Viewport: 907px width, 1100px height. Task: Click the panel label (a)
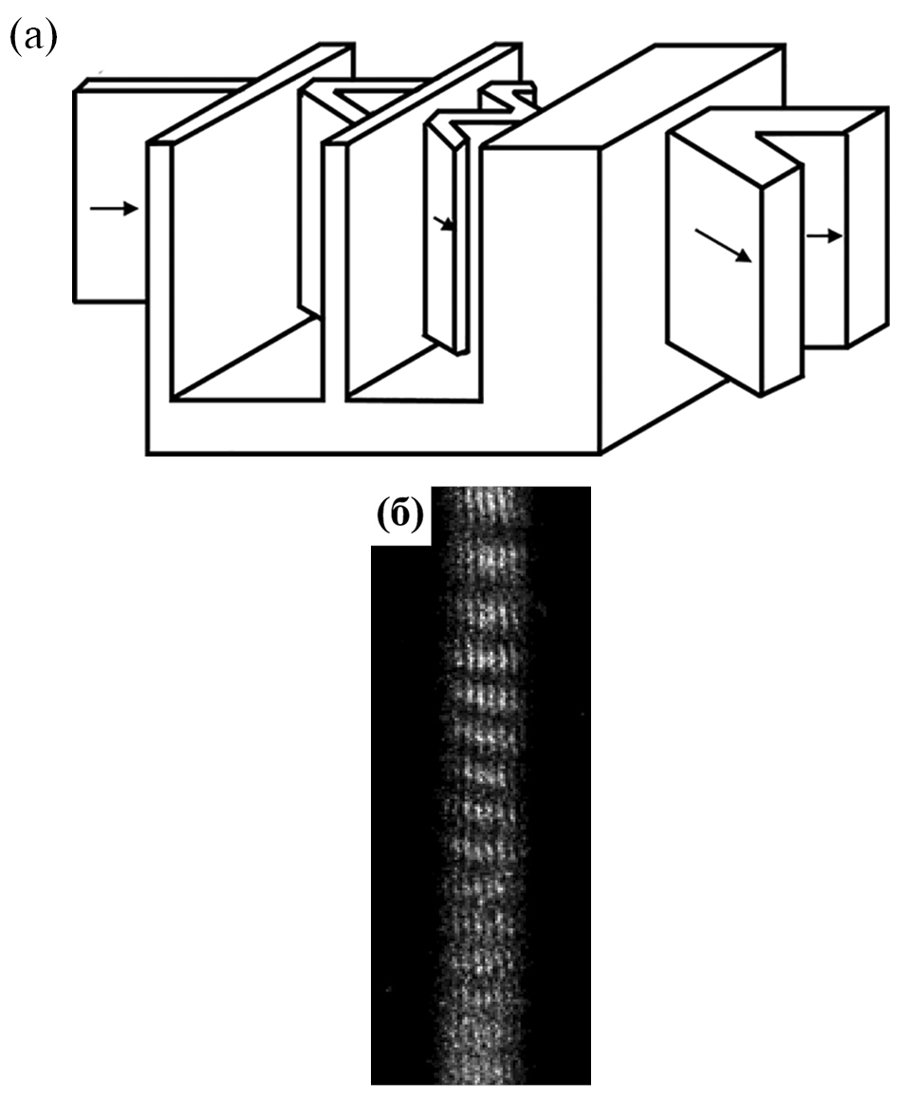click(x=32, y=37)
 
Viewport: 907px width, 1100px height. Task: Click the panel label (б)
click(x=400, y=515)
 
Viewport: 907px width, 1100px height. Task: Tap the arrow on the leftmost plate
click(x=114, y=208)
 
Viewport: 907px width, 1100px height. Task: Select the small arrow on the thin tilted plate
click(x=444, y=223)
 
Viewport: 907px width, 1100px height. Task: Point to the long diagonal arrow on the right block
click(x=723, y=246)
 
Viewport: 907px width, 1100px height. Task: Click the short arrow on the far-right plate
click(x=824, y=236)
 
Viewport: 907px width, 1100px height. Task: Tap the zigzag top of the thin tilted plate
click(x=491, y=105)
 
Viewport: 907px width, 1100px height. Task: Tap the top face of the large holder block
click(x=635, y=97)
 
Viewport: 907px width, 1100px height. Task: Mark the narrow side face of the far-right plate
click(x=867, y=228)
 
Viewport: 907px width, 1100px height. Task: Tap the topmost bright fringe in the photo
click(x=484, y=502)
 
